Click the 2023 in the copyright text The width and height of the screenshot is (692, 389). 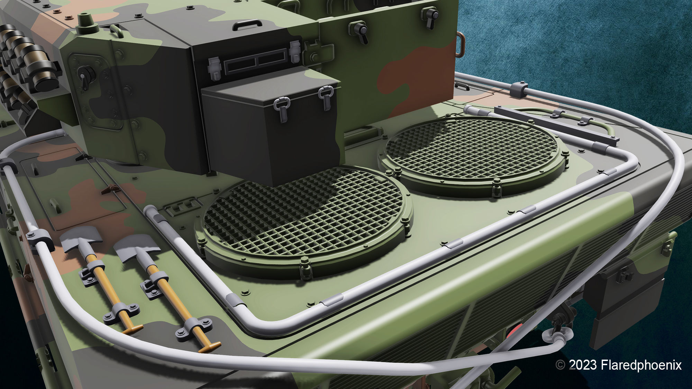tap(583, 365)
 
